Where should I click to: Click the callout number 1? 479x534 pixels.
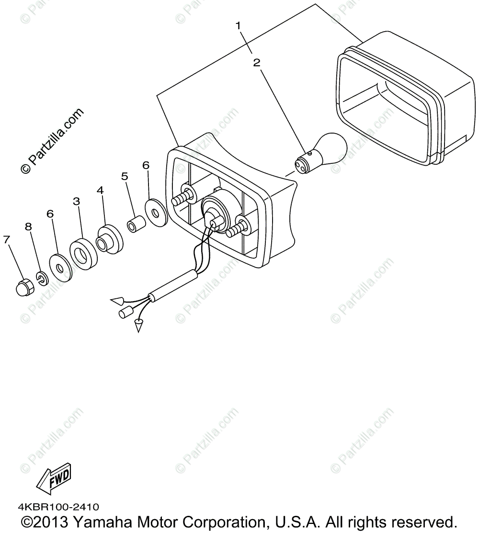(x=238, y=25)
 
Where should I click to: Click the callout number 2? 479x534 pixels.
(x=257, y=62)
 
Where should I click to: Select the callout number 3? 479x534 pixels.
(x=76, y=201)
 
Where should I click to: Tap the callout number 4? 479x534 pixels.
(x=100, y=190)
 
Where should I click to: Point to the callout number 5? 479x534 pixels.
(x=125, y=176)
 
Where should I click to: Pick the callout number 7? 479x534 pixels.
(x=7, y=239)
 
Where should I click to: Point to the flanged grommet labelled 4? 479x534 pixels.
(x=110, y=239)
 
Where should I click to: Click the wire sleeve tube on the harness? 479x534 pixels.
(x=173, y=286)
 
